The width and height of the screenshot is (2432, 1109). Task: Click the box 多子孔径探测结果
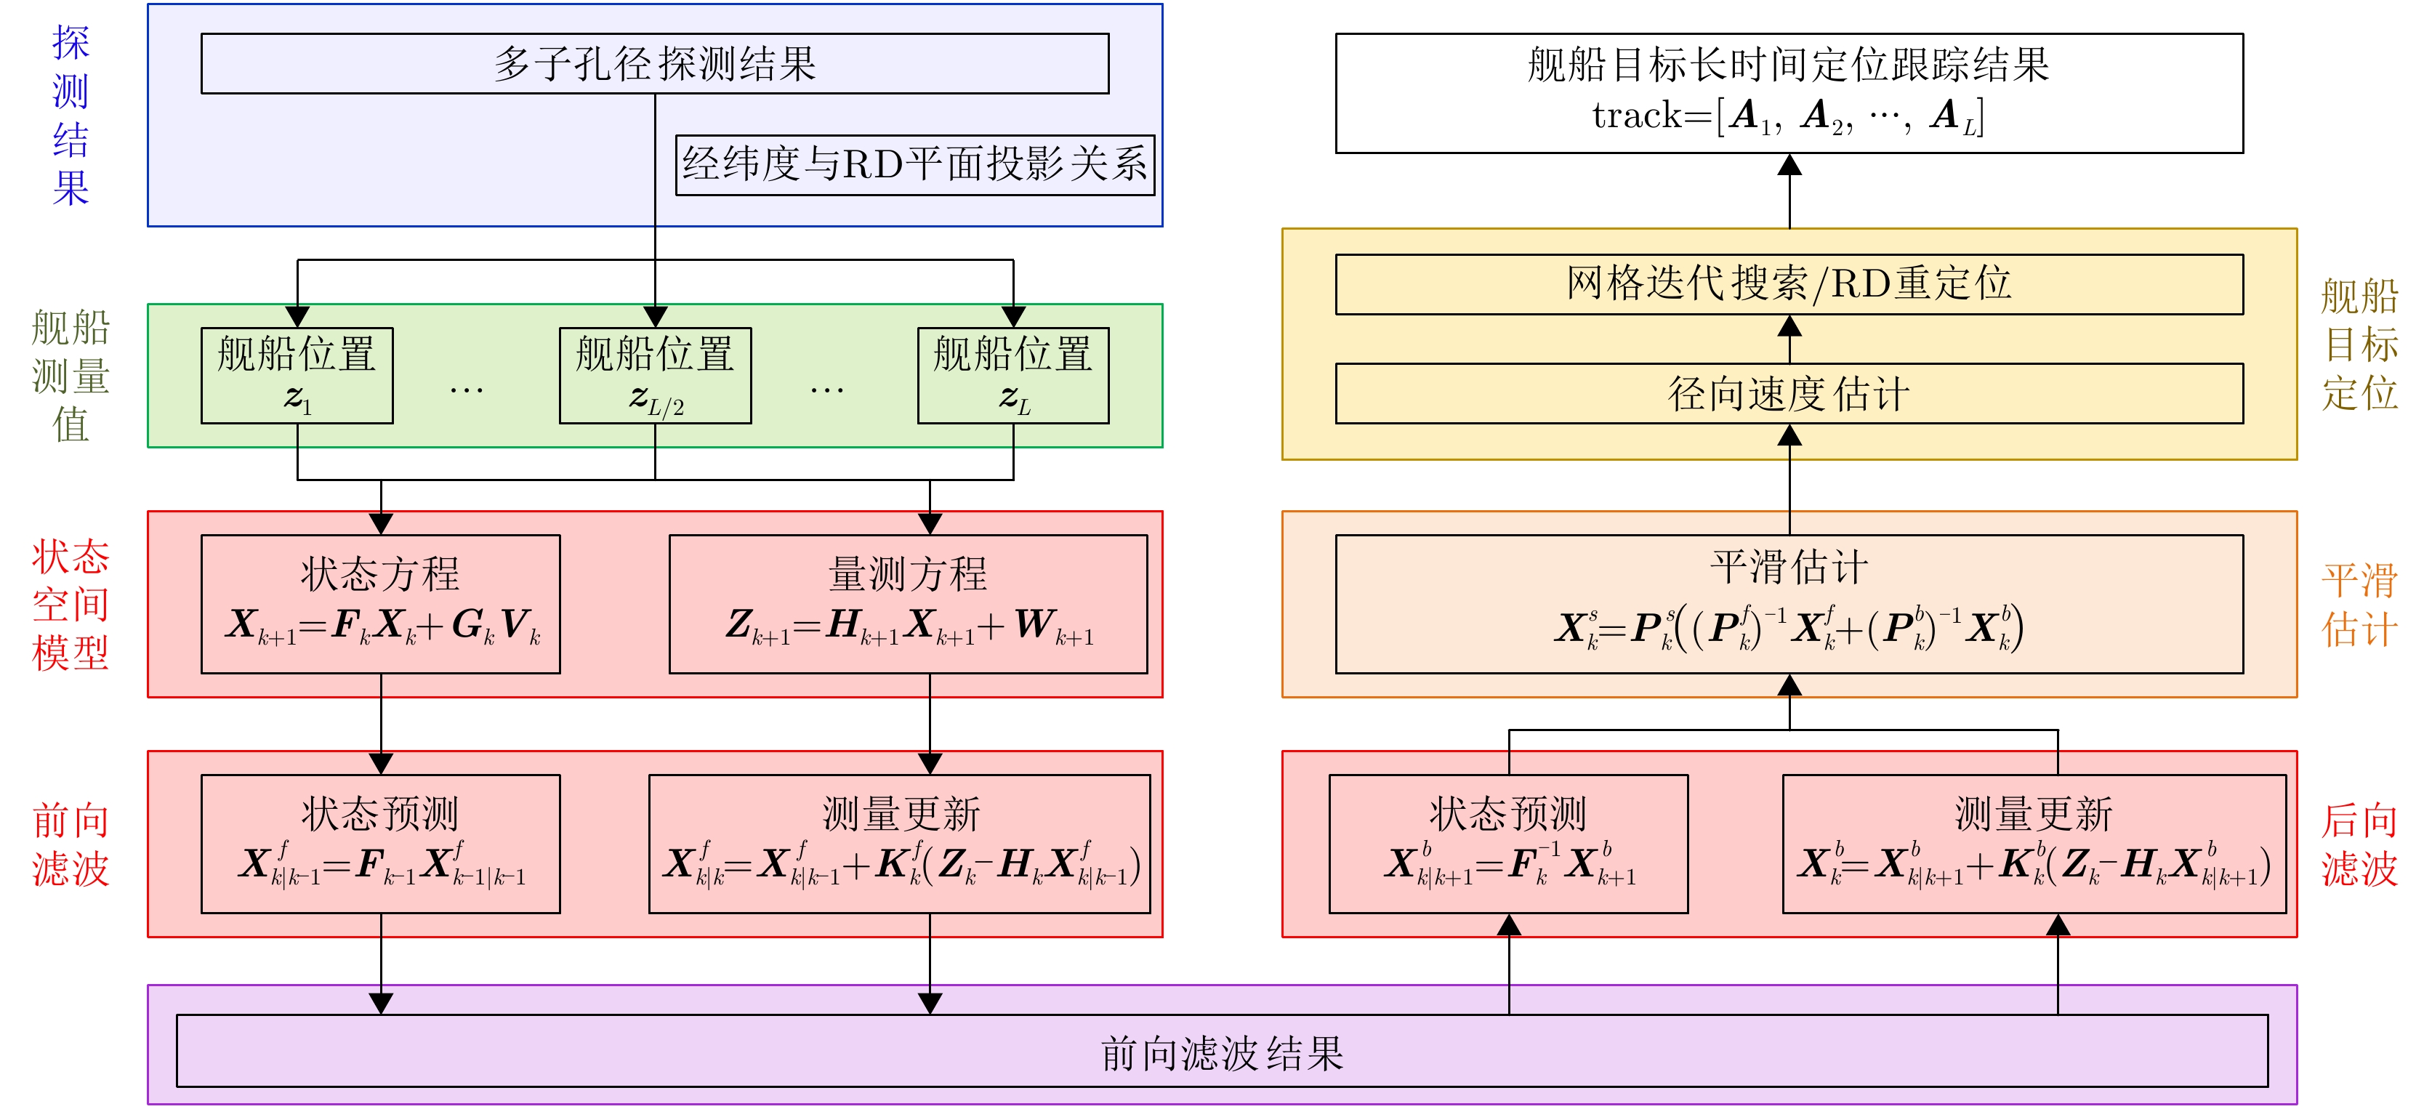pos(654,63)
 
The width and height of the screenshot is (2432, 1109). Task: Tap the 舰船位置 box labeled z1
pos(297,375)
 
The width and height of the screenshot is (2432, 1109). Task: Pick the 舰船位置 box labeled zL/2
pos(655,375)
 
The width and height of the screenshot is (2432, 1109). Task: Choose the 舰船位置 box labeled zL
pos(1013,375)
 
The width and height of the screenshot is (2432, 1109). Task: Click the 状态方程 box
pos(380,603)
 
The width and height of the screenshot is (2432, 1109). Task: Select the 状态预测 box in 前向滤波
pos(380,843)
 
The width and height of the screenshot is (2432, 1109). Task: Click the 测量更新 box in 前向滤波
pos(899,843)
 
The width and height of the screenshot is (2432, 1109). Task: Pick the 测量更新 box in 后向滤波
pos(2034,843)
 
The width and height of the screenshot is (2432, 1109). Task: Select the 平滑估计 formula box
pos(1788,603)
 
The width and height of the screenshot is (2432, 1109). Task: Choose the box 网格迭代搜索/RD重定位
pos(1788,283)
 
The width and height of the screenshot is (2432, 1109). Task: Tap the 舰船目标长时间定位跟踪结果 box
pos(1788,92)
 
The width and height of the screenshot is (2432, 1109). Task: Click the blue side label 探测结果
pos(71,115)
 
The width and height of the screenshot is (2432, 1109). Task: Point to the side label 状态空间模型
pos(71,604)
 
